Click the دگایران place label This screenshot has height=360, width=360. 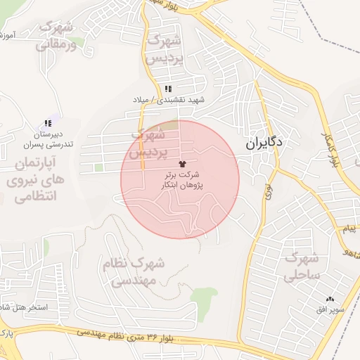(x=265, y=143)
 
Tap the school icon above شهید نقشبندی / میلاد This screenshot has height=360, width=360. (x=168, y=89)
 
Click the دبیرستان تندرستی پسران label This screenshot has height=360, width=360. (x=48, y=139)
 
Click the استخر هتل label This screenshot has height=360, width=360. (x=21, y=307)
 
